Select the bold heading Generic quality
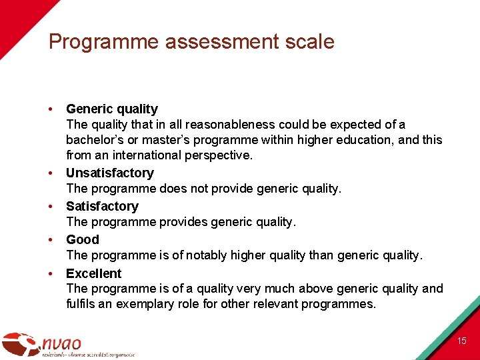click(x=112, y=109)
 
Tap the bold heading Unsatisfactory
click(x=110, y=173)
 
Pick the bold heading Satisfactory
click(x=102, y=206)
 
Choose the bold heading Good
click(x=83, y=239)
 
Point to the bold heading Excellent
click(x=94, y=273)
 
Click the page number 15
click(x=462, y=341)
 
